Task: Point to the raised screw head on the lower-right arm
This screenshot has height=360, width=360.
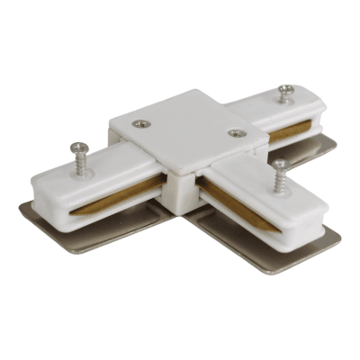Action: (278, 164)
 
